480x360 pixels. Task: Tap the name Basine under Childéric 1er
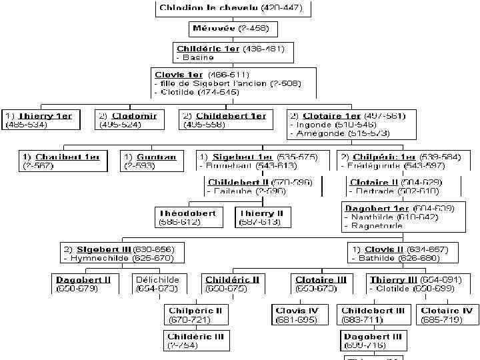[x=196, y=57]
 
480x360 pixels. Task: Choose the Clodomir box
[x=129, y=120]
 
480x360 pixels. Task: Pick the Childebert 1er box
[x=227, y=120]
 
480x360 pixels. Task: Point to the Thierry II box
[x=262, y=217]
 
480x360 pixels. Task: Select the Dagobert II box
[x=84, y=284]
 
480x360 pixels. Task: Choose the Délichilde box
[x=157, y=284]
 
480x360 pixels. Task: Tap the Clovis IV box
[x=297, y=315]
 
